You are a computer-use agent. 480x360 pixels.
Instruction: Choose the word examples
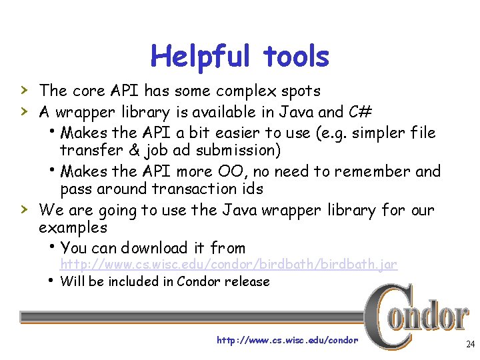73,227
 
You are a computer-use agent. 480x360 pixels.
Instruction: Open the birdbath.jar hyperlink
229,265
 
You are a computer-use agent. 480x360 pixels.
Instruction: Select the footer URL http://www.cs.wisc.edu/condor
287,341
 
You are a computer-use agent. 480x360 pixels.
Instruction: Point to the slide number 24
470,345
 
